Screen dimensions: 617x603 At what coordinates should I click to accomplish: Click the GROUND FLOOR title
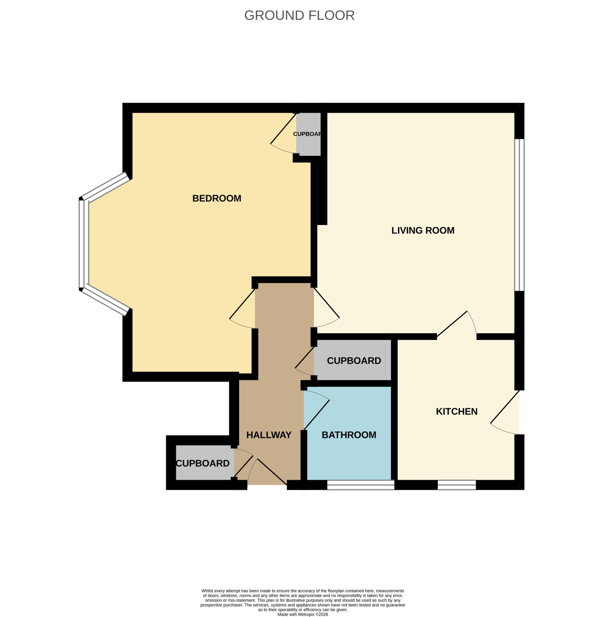[x=299, y=15]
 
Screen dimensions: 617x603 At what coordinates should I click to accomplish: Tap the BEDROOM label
[x=217, y=198]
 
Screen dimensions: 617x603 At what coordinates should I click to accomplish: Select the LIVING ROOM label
[x=423, y=230]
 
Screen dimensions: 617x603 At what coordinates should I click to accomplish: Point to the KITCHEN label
[x=456, y=412]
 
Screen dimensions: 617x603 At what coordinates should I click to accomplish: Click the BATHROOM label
[x=349, y=435]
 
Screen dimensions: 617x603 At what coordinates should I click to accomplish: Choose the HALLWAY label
[x=268, y=435]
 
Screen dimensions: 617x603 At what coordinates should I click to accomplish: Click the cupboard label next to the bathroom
[x=354, y=361]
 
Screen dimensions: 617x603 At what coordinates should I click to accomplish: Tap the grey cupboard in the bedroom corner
[x=308, y=134]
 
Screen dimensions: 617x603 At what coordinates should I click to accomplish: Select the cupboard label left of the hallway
[x=203, y=463]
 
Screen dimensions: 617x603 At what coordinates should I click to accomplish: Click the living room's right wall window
[x=519, y=215]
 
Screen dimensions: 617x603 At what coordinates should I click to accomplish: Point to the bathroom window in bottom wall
[x=360, y=485]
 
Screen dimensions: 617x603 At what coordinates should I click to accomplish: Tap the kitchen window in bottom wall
[x=457, y=485]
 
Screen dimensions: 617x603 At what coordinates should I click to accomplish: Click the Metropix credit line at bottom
[x=303, y=615]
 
